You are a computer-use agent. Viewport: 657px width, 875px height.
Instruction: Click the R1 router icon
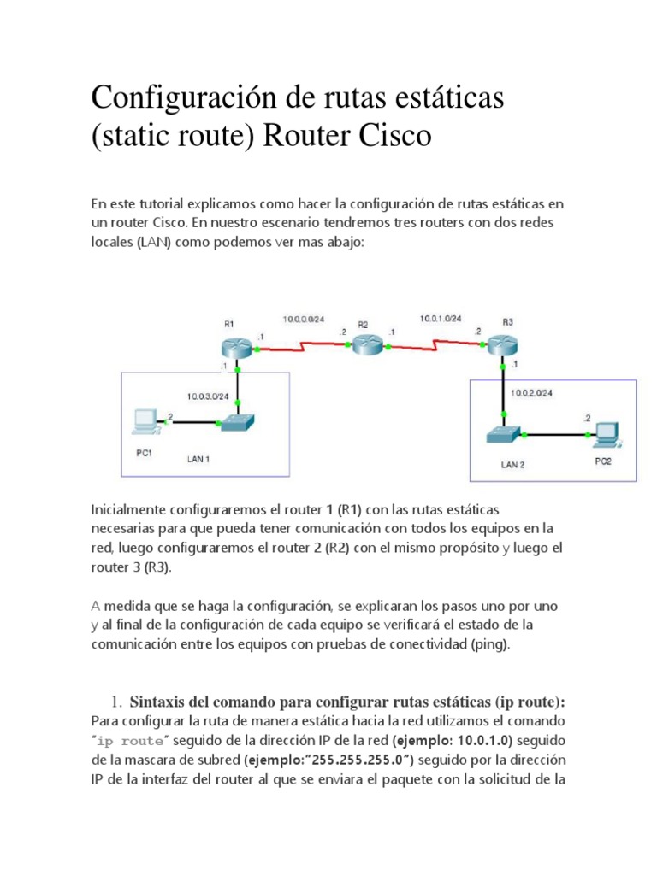pyautogui.click(x=237, y=347)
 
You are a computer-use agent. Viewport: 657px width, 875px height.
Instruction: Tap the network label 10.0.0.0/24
pyautogui.click(x=305, y=320)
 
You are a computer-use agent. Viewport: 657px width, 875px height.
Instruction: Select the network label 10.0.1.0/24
pyautogui.click(x=440, y=318)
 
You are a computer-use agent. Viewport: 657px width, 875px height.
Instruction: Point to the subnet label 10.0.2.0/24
pyautogui.click(x=531, y=393)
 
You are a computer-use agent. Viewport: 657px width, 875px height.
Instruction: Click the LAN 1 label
pyautogui.click(x=198, y=459)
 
